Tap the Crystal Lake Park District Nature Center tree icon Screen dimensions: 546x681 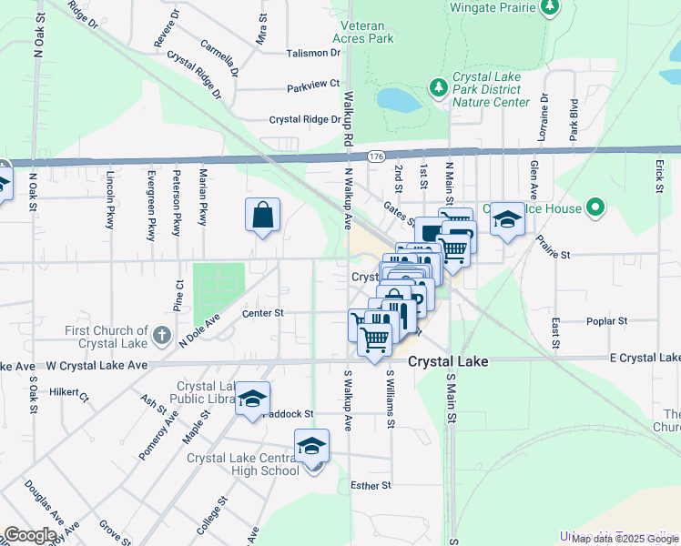coord(439,86)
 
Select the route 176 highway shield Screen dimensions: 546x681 coord(376,157)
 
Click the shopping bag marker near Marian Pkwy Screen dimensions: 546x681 coord(262,216)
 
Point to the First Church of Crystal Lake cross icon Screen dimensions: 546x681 coord(161,335)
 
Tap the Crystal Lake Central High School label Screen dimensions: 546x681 coord(243,464)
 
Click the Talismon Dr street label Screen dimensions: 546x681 coord(312,53)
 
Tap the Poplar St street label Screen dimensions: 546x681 coord(609,321)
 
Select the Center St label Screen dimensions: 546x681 coord(263,313)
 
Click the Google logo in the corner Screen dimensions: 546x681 coord(30,535)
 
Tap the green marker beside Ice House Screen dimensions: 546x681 coord(596,208)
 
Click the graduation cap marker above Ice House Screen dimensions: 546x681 coord(508,219)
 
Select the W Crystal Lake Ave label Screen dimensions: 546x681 coord(97,365)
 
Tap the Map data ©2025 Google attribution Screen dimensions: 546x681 coord(625,539)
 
